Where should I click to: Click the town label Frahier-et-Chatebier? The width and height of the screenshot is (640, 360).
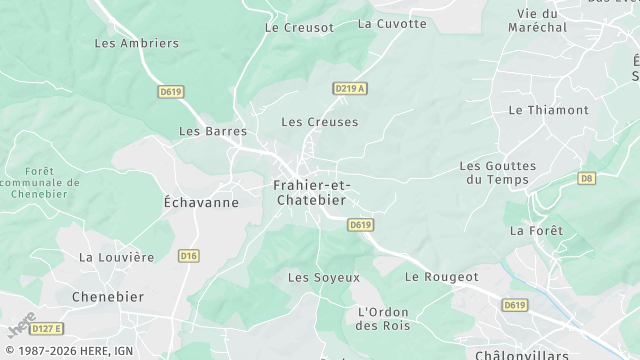pos(309,192)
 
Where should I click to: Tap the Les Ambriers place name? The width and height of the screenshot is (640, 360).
pos(136,43)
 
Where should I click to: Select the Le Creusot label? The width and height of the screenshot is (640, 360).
pos(299,27)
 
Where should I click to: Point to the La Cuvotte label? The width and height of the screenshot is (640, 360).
pos(391,23)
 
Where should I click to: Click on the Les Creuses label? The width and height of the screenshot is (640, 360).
pos(319,122)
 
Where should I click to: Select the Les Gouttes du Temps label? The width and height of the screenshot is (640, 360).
pos(498,172)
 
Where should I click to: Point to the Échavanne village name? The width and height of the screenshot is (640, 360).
pos(201,202)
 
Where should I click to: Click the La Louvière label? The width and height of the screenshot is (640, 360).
pos(117,257)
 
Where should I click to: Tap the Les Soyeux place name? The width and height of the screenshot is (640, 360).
pos(323,277)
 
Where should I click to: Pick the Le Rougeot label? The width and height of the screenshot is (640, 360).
pos(442,276)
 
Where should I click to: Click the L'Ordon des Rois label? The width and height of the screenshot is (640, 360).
pos(384,318)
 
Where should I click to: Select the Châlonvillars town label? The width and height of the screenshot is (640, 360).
pos(521,354)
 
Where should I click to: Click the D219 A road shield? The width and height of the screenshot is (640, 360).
pos(349,89)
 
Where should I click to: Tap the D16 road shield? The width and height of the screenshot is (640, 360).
pos(188,256)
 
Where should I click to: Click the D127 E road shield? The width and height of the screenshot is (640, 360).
pos(46,328)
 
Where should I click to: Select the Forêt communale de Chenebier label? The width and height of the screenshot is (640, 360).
pos(40,183)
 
